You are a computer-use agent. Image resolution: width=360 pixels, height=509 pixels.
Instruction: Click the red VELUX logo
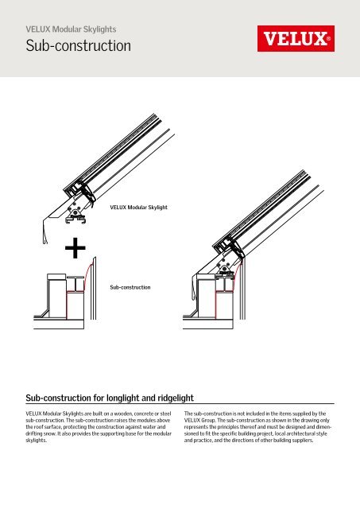point(296,39)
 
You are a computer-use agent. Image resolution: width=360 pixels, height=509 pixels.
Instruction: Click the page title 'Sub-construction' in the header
point(79,45)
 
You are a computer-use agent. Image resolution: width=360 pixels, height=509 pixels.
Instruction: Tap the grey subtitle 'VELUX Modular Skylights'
point(71,29)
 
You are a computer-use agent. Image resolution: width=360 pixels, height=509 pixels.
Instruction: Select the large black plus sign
point(75,248)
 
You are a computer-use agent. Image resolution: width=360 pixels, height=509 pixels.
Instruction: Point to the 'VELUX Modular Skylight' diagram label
point(139,207)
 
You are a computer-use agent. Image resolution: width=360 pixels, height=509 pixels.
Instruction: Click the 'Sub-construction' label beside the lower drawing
point(130,287)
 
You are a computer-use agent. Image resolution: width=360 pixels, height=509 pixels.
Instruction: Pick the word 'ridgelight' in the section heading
point(176,398)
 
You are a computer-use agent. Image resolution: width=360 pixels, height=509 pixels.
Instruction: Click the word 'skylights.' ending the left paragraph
point(37,441)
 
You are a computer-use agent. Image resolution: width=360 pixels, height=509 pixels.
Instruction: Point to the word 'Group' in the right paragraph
point(208,421)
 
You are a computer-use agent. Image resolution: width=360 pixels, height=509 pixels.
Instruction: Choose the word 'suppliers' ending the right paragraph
point(303,441)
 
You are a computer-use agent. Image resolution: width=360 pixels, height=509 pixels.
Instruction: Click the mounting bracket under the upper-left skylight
point(75,215)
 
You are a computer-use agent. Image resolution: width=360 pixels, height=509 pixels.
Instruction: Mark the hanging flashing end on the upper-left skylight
point(45,231)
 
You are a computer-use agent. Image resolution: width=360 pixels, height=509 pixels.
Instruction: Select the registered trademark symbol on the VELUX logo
point(328,39)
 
